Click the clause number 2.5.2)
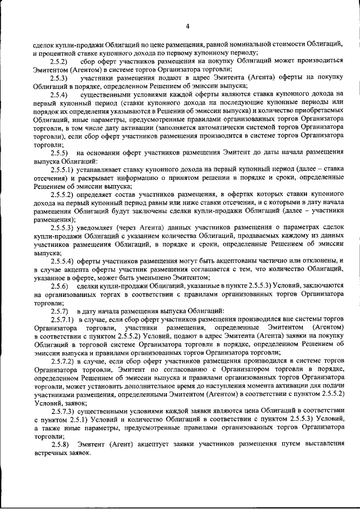pos(59,60)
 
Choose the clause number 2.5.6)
pos(59,286)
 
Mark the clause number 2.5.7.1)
pos(63,319)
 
